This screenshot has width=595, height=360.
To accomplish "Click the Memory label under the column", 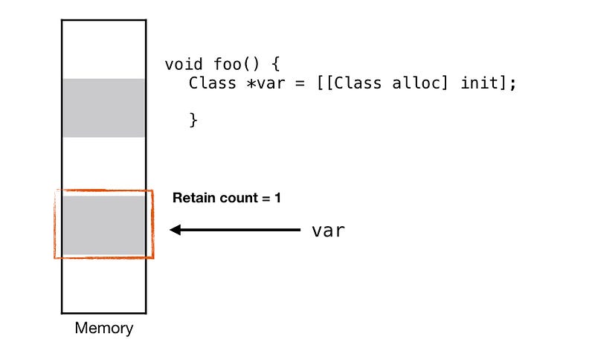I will point(103,328).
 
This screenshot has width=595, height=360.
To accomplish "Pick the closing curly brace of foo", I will point(193,119).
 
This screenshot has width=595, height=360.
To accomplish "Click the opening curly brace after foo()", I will point(274,64).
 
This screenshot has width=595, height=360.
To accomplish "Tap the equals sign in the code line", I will point(300,83).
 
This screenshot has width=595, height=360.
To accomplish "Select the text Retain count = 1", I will point(227,199).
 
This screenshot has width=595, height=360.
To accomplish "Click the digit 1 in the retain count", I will point(277,199).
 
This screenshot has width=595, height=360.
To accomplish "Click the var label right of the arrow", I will point(328,231).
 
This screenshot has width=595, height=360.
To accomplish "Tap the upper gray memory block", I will point(103,108).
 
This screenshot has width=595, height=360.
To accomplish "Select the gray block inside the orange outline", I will point(103,225).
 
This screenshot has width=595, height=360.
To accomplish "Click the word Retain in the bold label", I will point(191,199).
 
